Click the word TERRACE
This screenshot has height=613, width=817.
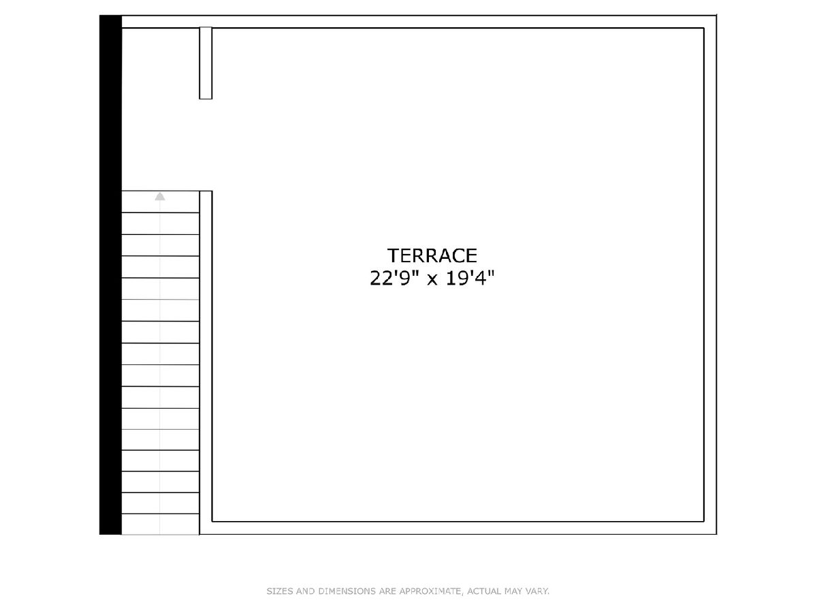pyautogui.click(x=432, y=255)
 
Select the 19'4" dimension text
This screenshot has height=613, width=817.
pyautogui.click(x=470, y=278)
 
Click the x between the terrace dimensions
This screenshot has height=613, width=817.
pyautogui.click(x=432, y=280)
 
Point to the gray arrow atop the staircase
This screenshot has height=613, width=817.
pyautogui.click(x=160, y=196)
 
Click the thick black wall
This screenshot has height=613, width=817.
pyautogui.click(x=110, y=274)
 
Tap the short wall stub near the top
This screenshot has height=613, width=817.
pyautogui.click(x=206, y=63)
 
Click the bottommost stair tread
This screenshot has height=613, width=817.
pyautogui.click(x=161, y=524)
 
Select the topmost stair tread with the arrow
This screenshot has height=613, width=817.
pyautogui.click(x=161, y=202)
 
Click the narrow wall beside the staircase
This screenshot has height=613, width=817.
pyautogui.click(x=206, y=363)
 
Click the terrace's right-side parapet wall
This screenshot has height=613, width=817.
pyautogui.click(x=710, y=274)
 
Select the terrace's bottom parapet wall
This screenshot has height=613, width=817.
pyautogui.click(x=458, y=528)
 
